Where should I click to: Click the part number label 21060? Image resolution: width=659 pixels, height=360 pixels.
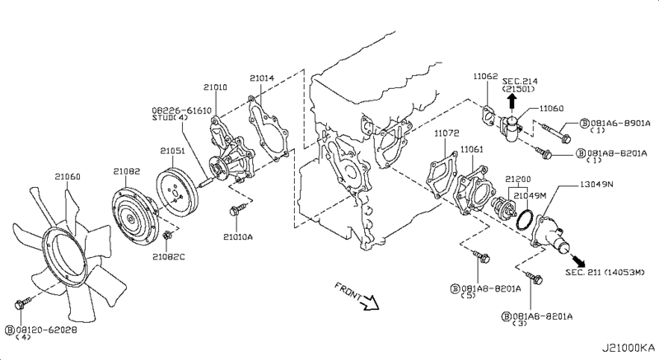[x=67, y=175]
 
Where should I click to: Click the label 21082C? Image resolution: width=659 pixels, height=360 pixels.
[x=169, y=256]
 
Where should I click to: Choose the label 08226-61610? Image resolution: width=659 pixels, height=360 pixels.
[x=181, y=110]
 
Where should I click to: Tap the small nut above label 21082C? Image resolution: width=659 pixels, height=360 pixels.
[x=167, y=237]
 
